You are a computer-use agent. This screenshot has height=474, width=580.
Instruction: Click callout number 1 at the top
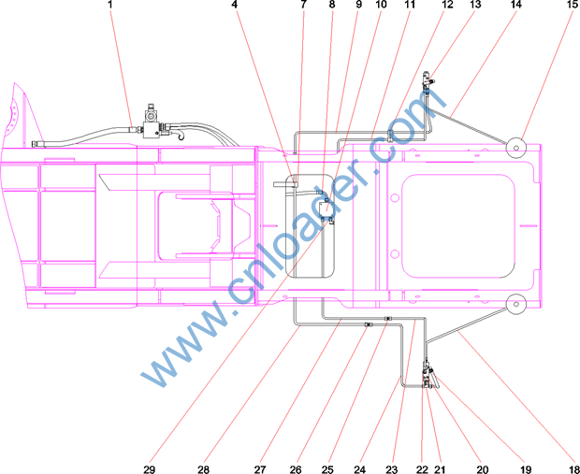click(x=109, y=5)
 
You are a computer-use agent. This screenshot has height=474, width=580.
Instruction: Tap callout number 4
click(x=235, y=5)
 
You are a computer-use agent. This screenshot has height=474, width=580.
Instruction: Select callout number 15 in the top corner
click(x=572, y=5)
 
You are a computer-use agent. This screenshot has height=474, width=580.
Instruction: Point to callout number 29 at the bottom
click(x=149, y=469)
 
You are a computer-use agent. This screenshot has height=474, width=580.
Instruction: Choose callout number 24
click(x=359, y=469)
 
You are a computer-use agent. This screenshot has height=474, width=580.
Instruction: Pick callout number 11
click(x=410, y=5)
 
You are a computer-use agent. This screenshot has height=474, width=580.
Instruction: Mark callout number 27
click(x=260, y=469)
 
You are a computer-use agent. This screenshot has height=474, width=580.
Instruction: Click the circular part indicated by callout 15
click(x=516, y=148)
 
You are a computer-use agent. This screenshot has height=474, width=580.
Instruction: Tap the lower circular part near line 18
click(x=516, y=304)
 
